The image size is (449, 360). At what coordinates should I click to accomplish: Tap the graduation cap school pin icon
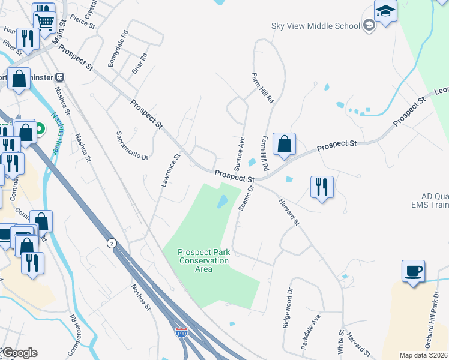point(385,11)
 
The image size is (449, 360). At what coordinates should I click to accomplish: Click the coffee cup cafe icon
point(413,271)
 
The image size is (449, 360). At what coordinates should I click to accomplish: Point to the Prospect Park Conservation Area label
point(203,260)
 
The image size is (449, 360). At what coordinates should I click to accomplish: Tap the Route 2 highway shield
point(111,243)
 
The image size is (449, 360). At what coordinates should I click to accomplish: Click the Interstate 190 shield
point(181,332)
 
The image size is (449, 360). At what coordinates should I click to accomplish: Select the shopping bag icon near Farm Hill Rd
point(285,145)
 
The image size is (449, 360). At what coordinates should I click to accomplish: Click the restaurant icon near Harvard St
point(322,187)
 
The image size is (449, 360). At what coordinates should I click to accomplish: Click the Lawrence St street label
point(170,170)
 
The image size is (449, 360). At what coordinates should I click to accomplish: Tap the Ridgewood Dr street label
point(288,308)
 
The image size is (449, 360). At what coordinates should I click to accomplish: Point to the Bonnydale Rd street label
point(118,53)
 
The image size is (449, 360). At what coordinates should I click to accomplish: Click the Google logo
point(19,353)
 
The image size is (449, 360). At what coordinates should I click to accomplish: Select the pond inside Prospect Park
point(222,202)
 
